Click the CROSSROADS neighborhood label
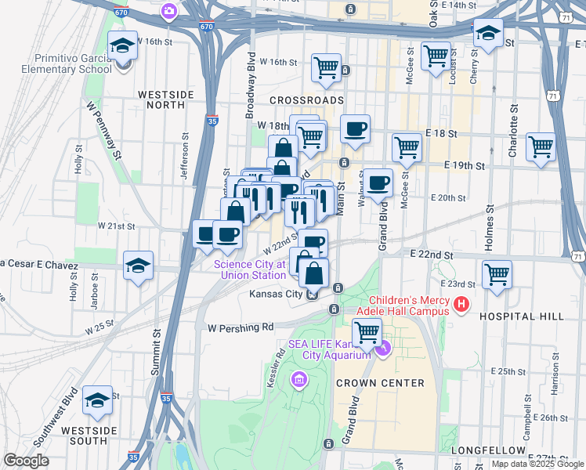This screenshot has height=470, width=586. click(306, 101)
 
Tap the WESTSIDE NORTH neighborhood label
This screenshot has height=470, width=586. click(165, 99)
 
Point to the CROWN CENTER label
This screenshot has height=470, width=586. click(380, 383)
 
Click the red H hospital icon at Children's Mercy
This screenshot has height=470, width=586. click(461, 304)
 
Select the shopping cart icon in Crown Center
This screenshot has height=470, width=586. click(367, 331)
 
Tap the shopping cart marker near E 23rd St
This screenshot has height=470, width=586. click(497, 275)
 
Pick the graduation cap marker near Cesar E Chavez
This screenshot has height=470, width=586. click(138, 265)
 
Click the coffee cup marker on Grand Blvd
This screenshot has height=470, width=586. click(378, 183)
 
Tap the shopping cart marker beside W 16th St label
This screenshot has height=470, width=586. click(325, 67)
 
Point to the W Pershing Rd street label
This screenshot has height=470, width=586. click(240, 327)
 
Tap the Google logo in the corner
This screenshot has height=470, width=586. click(26, 461)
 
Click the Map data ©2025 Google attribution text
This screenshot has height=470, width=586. click(537, 464)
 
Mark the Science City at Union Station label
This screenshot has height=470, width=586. click(250, 269)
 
